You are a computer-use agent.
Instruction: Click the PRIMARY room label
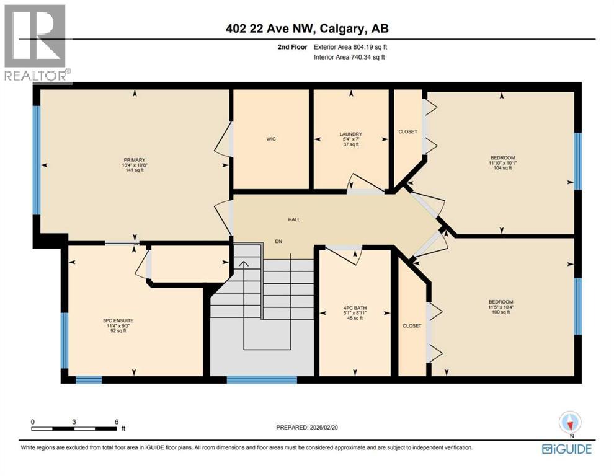[x=133, y=160]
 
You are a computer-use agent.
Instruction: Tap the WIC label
[x=271, y=139]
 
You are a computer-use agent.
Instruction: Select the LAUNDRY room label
[x=350, y=134]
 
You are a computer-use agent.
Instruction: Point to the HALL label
[x=294, y=219]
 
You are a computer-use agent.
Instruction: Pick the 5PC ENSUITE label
[x=118, y=320]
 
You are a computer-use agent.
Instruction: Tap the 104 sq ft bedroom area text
[x=502, y=168]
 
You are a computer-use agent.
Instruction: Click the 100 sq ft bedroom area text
[x=500, y=312]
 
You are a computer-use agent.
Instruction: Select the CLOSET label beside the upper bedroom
[x=408, y=131]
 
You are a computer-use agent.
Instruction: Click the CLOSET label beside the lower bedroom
[x=412, y=326]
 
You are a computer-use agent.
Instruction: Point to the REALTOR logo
[x=36, y=43]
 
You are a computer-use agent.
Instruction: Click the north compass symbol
[x=571, y=423]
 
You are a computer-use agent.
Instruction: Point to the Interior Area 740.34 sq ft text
[x=350, y=58]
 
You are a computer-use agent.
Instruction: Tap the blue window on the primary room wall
[x=37, y=160]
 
